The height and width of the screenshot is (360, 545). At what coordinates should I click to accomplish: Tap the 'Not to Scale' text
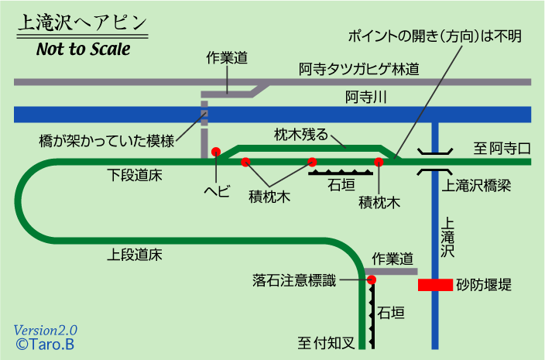pos(83,50)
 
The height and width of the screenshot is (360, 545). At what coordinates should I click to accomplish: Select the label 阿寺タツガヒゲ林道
pos(359,69)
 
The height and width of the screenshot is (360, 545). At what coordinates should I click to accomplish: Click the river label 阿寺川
pos(365,98)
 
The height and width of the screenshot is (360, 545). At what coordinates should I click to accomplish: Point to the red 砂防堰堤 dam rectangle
pos(435,285)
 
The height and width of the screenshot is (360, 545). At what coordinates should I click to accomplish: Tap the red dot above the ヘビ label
pos(216,152)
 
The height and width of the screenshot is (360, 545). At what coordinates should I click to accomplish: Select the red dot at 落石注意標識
pos(372,279)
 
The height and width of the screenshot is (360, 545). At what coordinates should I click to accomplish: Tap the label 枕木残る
pos(301,134)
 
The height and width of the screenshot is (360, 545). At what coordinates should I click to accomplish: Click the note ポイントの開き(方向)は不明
pos(434,37)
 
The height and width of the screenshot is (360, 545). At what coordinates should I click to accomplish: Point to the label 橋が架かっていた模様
pos(107,141)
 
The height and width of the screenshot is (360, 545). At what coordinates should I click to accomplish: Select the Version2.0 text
pos(45,329)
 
